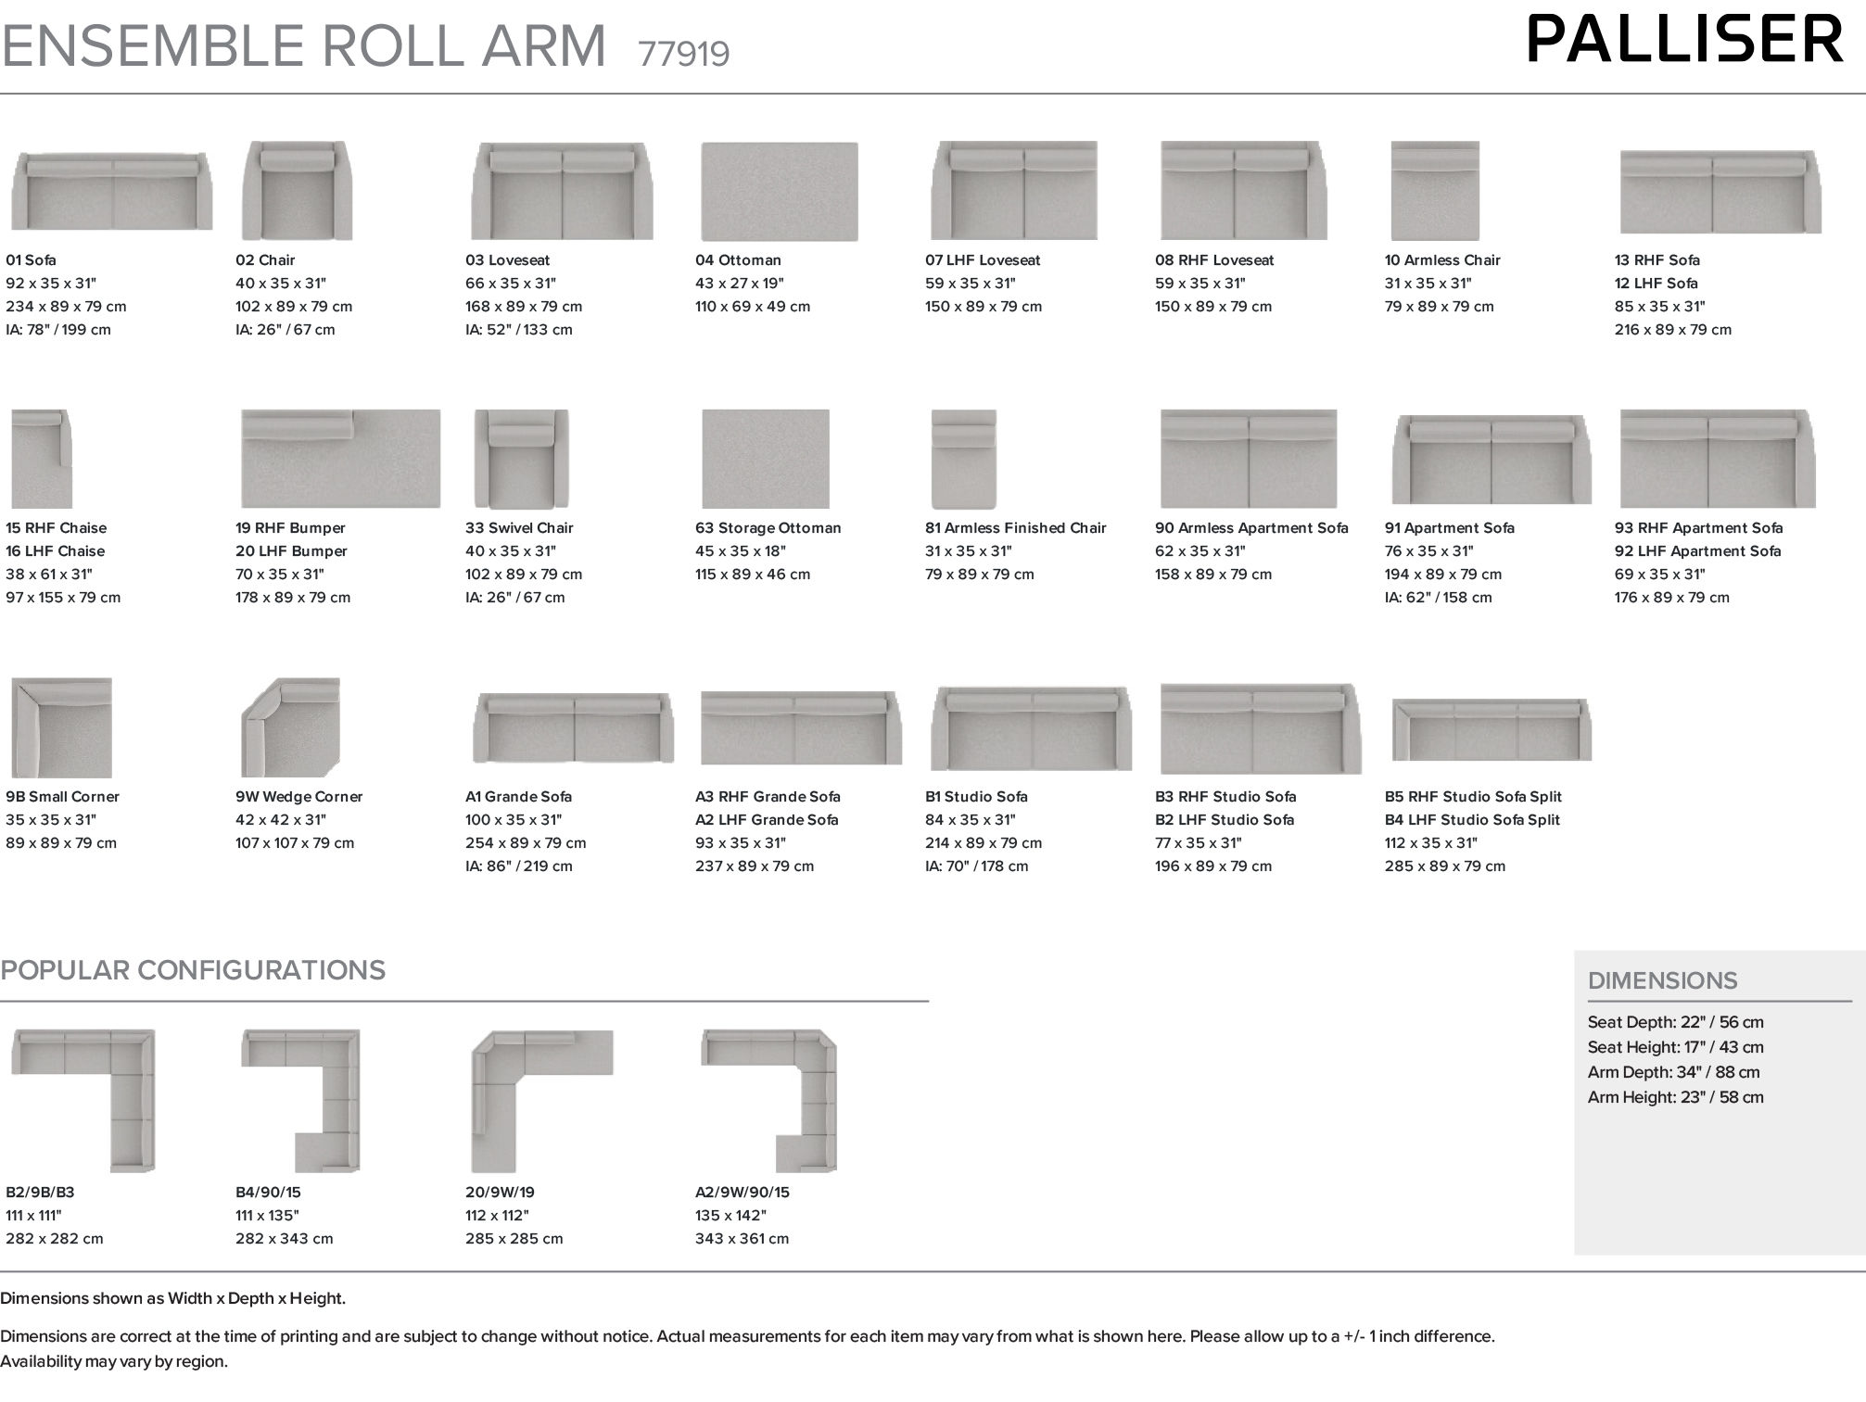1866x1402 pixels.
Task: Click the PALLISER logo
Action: coord(1684,40)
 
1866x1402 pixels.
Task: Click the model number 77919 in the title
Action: coord(683,54)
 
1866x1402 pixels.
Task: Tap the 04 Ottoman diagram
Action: coord(779,191)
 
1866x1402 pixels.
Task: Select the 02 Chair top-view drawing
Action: coord(297,190)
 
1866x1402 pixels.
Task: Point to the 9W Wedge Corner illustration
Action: coord(290,727)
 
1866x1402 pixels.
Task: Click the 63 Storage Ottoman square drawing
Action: coord(766,459)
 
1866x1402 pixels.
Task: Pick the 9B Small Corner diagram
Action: coord(61,727)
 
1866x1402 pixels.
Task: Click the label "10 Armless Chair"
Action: coord(1442,260)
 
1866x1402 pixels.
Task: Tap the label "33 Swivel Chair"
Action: coord(519,528)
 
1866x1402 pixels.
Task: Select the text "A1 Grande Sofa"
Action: coord(518,797)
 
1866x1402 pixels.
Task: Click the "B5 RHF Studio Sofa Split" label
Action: coord(1473,797)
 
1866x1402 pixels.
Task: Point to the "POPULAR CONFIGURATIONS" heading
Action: coord(193,970)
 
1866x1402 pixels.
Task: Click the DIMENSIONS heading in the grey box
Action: coord(1662,980)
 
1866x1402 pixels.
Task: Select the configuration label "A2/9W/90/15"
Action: coord(742,1193)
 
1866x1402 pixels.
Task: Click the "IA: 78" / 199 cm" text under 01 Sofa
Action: coord(57,330)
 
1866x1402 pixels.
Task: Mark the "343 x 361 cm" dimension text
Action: coord(742,1239)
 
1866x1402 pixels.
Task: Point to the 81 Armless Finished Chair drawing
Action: coord(963,459)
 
